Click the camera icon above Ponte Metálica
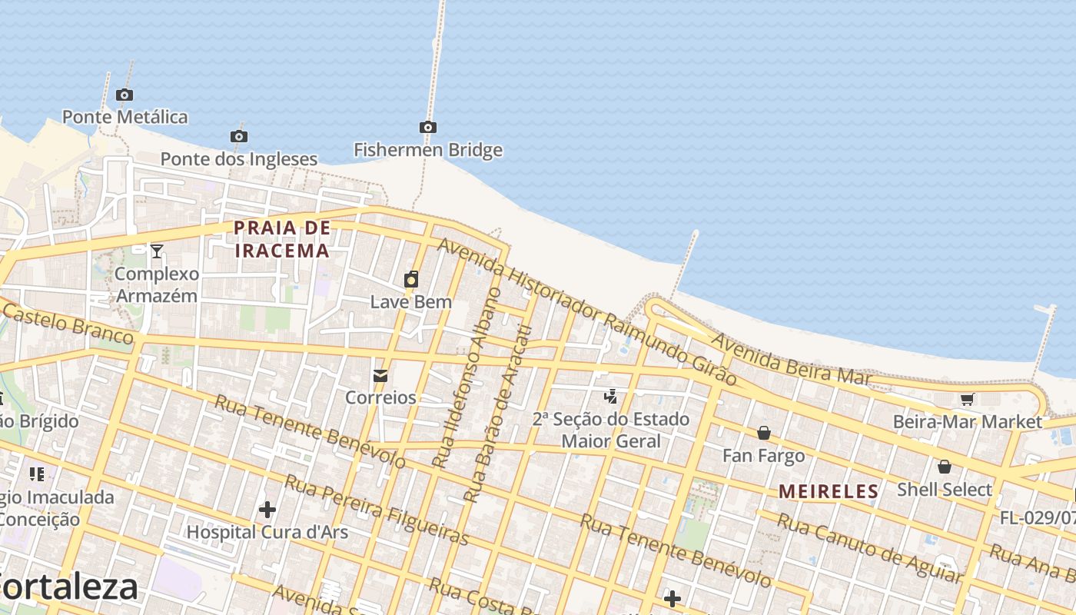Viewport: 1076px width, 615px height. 125,95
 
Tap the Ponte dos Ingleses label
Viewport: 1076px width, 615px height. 238,159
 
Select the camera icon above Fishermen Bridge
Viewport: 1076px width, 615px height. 428,127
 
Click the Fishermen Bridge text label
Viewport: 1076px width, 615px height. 428,150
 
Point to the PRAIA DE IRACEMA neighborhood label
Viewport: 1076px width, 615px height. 282,239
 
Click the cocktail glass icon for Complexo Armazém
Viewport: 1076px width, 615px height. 157,251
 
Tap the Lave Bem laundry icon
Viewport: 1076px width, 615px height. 411,279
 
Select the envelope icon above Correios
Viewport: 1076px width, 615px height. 380,376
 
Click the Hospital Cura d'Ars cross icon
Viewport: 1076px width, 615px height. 267,509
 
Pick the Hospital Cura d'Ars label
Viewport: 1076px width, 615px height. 267,532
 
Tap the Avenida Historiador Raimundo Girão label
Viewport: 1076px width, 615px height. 586,311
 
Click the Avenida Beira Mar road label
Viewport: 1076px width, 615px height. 791,358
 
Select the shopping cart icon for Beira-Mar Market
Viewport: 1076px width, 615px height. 967,399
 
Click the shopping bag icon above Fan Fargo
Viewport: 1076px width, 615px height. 764,433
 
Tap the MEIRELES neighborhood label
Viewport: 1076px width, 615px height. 829,491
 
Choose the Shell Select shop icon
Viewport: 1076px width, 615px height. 945,467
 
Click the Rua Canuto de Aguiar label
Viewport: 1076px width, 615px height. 869,548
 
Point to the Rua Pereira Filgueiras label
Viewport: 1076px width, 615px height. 376,509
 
